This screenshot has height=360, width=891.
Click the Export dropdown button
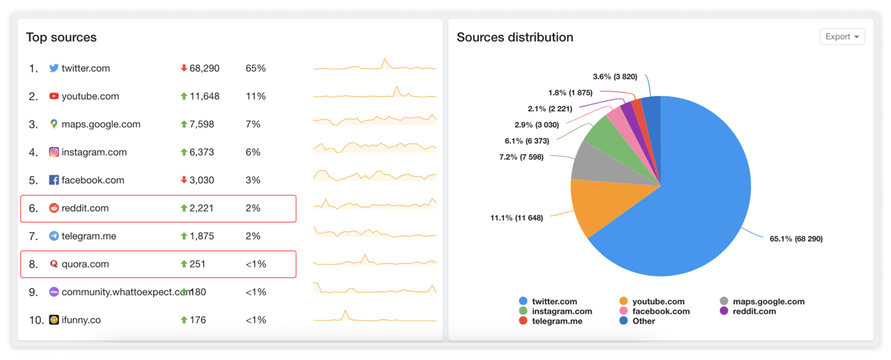tap(842, 37)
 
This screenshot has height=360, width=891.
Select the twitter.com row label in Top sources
tap(86, 68)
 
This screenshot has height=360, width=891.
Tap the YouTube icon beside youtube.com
tap(54, 96)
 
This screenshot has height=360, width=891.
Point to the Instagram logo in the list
tap(54, 152)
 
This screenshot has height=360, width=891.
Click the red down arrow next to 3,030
tap(184, 180)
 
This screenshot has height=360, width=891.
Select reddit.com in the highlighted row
tap(85, 208)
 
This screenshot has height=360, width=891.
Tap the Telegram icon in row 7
tap(54, 236)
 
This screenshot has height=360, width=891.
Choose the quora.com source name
tap(85, 264)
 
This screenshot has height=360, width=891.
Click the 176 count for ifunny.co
tap(198, 320)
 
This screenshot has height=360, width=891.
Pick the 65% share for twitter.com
tap(255, 68)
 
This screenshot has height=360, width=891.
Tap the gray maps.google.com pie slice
tap(588, 160)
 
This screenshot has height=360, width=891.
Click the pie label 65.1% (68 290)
tap(796, 239)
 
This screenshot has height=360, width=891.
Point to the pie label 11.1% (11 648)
tap(517, 218)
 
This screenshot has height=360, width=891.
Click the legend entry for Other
tap(643, 321)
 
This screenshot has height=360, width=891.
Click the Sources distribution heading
tap(514, 38)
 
